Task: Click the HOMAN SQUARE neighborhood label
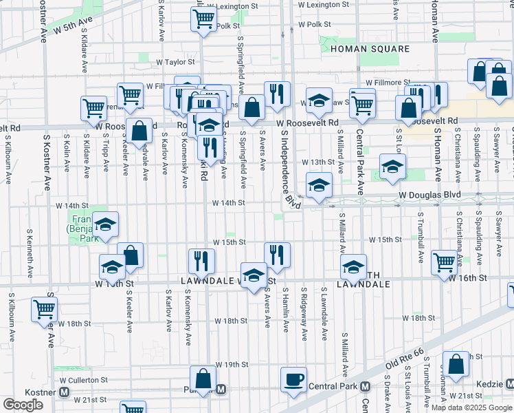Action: point(370,50)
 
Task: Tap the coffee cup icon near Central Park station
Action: point(293,379)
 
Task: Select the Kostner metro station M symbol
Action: point(64,392)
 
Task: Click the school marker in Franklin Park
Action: point(105,224)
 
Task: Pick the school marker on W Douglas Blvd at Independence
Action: point(319,184)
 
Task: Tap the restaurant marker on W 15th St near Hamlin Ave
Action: point(277,254)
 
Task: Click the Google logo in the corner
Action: point(23,405)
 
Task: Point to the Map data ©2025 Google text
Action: point(471,407)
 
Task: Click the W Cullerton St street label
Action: point(83,379)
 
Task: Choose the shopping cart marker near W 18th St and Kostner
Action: point(45,309)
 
